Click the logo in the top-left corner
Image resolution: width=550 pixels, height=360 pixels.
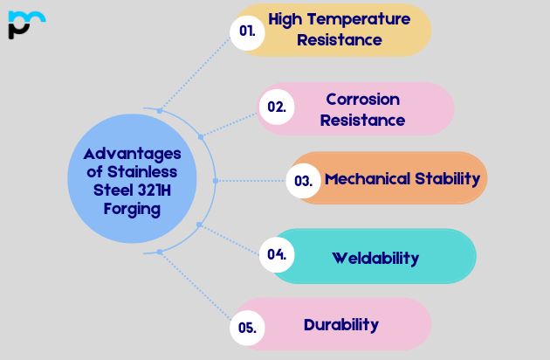[25, 24]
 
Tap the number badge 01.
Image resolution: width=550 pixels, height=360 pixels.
[248, 31]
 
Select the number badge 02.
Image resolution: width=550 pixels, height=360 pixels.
[277, 107]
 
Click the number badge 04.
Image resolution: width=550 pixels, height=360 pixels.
[277, 255]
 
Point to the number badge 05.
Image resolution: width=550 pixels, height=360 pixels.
[247, 328]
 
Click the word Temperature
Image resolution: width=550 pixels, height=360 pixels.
[359, 18]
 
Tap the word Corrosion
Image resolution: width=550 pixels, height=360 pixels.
[362, 99]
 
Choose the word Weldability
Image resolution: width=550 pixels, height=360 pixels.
[375, 258]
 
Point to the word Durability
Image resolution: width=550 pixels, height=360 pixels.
[341, 325]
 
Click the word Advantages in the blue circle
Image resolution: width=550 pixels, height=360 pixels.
[127, 153]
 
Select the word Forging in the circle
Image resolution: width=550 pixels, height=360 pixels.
[128, 209]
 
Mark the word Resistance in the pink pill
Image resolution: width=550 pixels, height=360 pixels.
[362, 120]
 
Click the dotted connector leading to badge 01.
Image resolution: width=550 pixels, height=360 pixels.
[196, 70]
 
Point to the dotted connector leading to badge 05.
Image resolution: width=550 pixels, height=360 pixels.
[196, 289]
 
